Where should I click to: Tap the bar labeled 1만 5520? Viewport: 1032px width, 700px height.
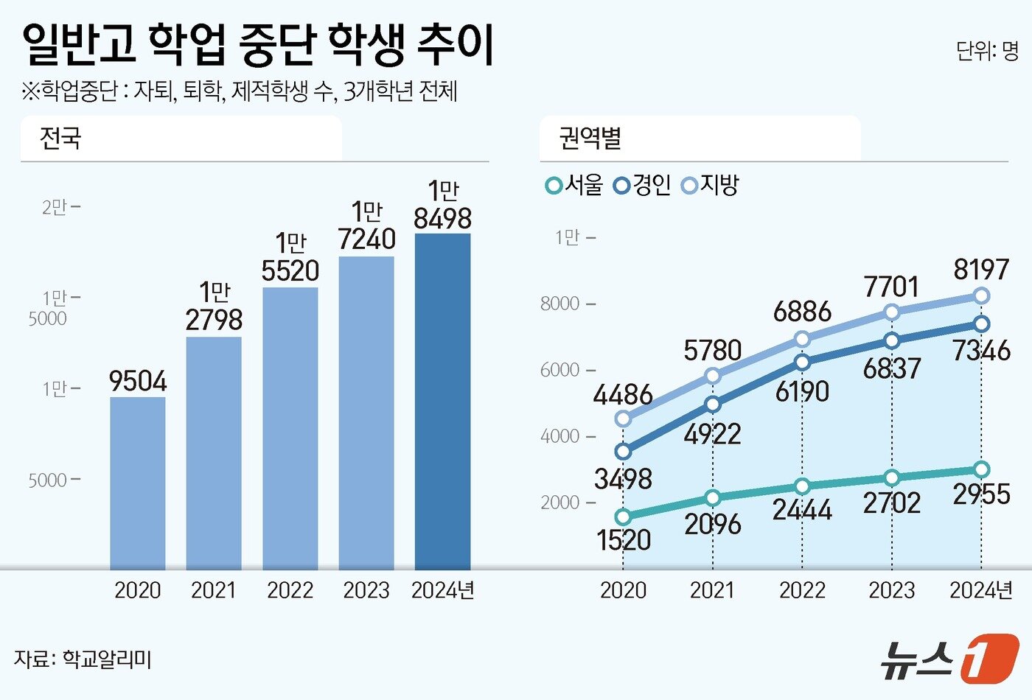(x=290, y=428)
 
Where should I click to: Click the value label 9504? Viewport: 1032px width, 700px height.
(x=138, y=382)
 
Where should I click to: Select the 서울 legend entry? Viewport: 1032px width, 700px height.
(x=574, y=185)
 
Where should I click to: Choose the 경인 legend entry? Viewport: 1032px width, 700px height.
(x=642, y=185)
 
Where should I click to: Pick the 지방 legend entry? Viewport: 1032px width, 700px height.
(x=711, y=185)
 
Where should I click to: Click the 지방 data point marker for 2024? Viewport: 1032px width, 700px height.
(x=981, y=295)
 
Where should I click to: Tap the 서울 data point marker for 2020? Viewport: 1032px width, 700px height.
(x=623, y=517)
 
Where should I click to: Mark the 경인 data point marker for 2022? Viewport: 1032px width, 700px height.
(x=802, y=362)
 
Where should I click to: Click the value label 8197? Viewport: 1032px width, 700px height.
(x=981, y=270)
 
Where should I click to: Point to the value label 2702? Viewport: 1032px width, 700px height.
(x=892, y=503)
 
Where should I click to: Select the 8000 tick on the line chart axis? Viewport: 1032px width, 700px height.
(x=560, y=304)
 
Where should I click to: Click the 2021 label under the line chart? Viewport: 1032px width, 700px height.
(x=712, y=590)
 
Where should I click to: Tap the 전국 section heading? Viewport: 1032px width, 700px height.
(x=60, y=139)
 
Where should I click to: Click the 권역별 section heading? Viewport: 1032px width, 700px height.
(x=590, y=139)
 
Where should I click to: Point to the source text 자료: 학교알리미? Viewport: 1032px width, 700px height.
(x=83, y=659)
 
